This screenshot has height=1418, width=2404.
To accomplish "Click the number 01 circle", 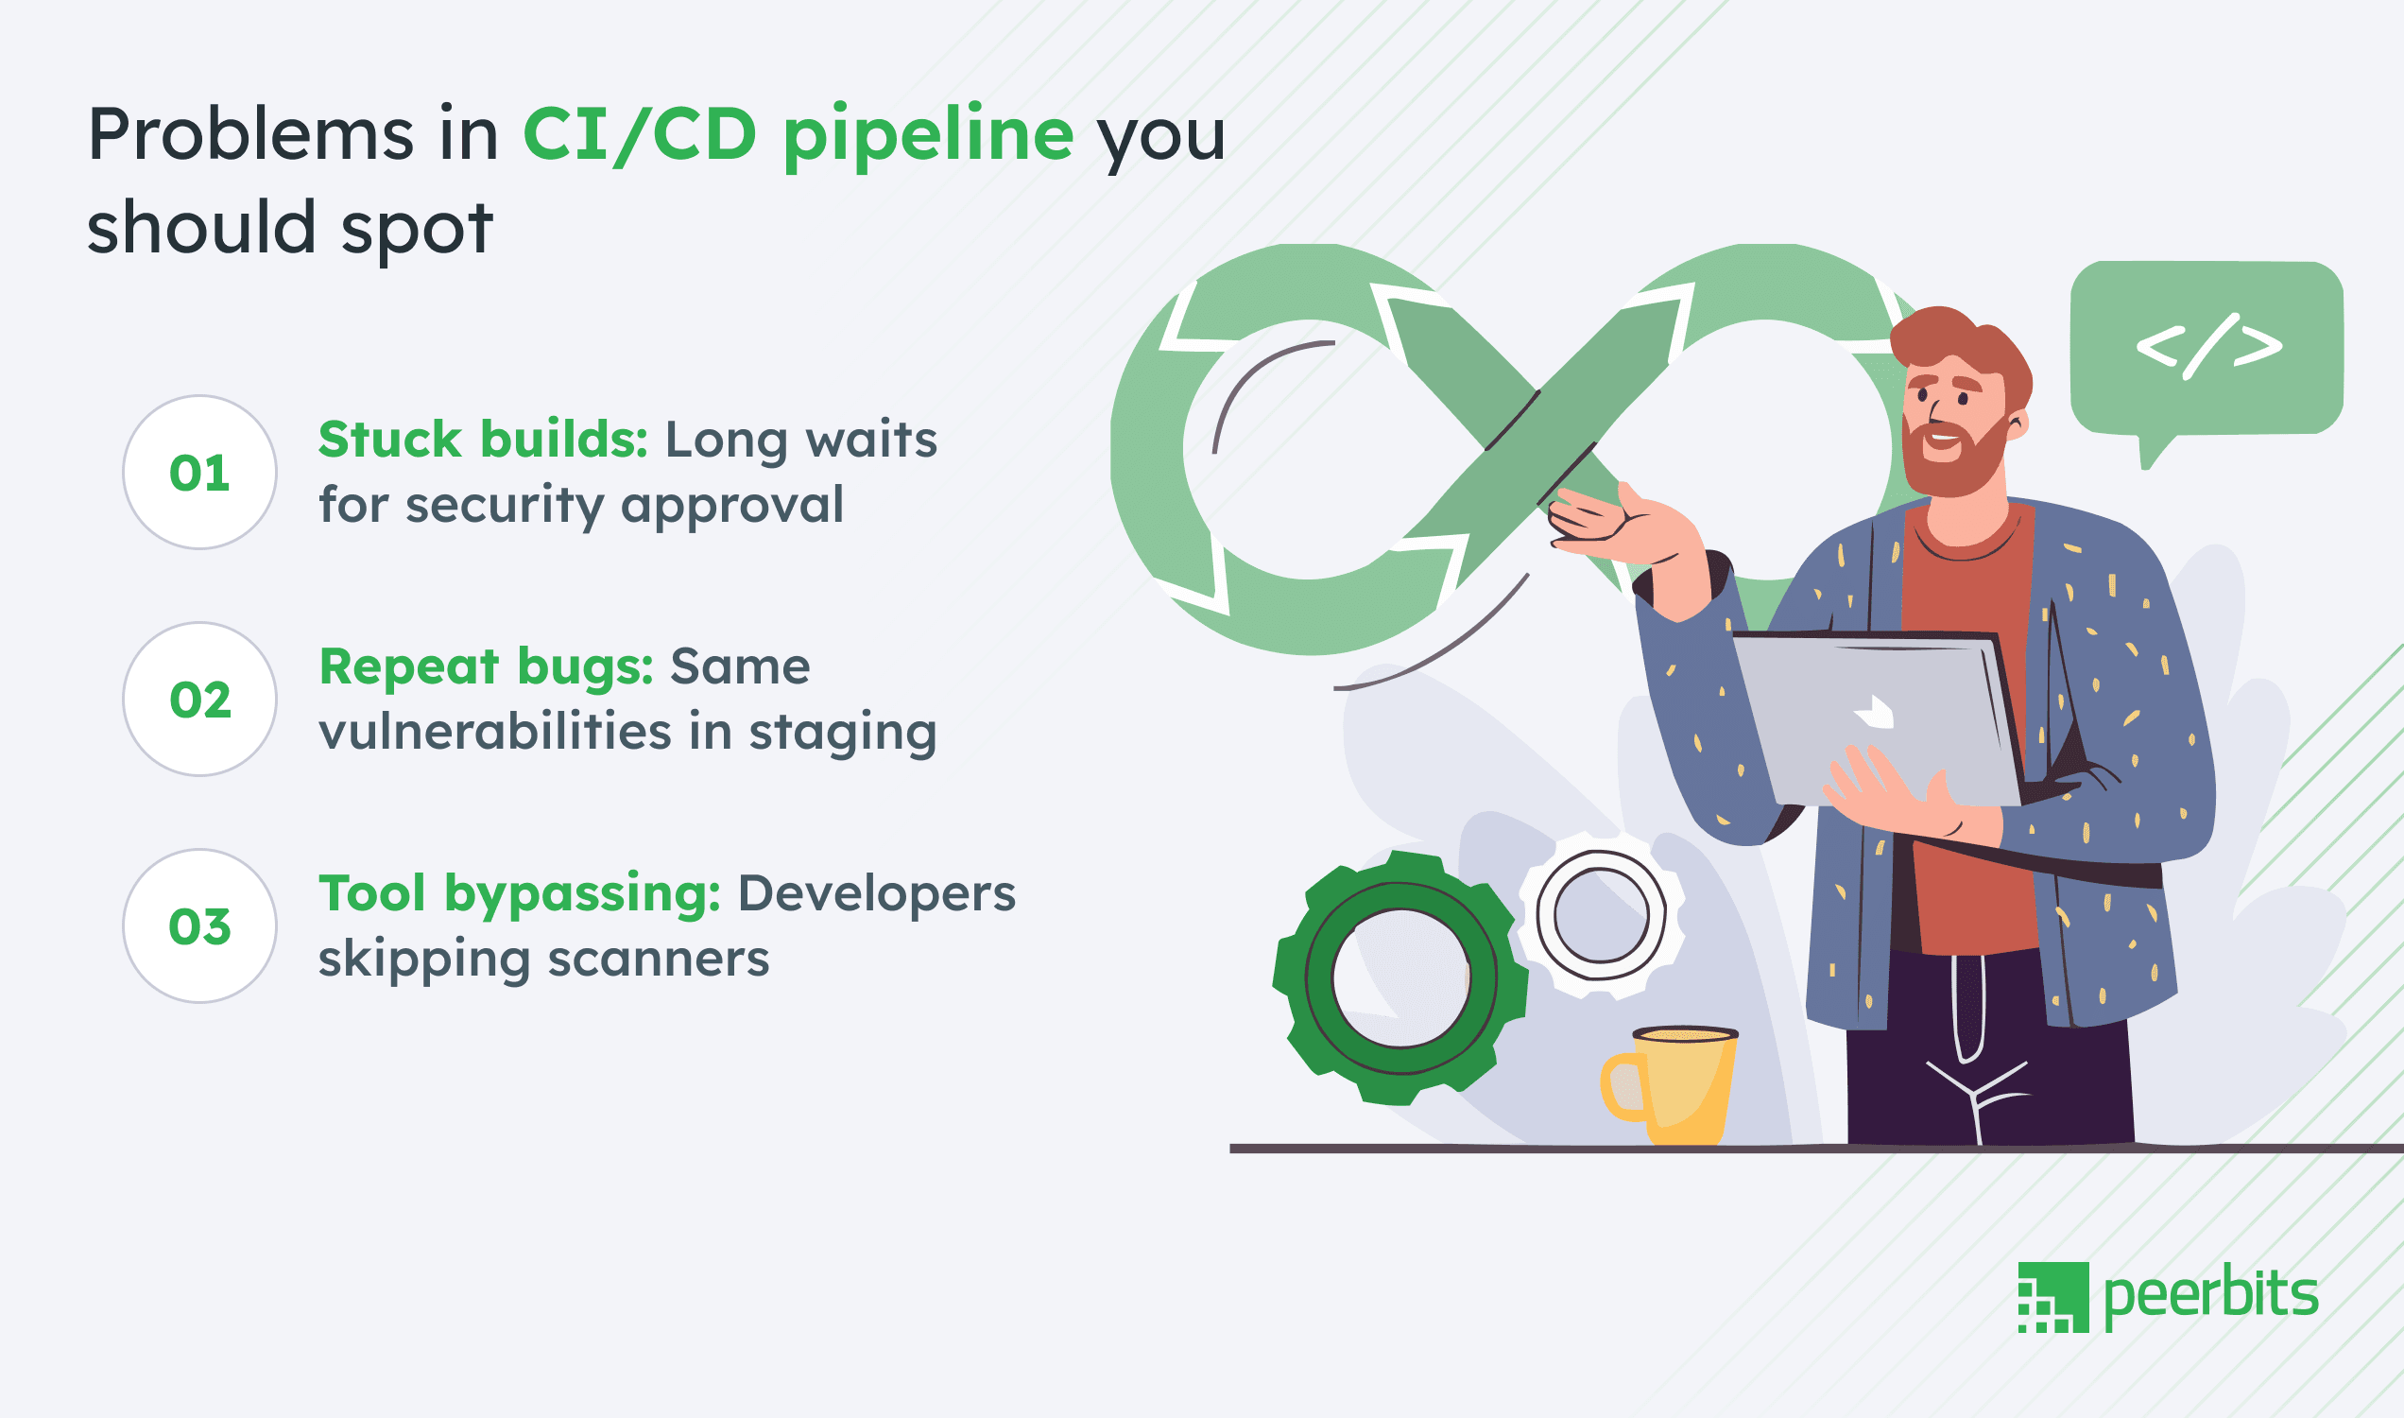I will [x=199, y=472].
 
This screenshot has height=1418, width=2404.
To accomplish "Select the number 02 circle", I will [x=199, y=700].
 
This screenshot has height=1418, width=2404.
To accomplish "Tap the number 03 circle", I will [x=199, y=925].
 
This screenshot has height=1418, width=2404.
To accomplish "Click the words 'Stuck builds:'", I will [x=482, y=440].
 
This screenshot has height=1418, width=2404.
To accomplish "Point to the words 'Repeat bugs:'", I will [x=485, y=666].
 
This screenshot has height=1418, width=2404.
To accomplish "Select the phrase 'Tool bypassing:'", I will [x=519, y=893].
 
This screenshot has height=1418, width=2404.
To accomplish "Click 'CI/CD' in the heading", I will [x=639, y=134].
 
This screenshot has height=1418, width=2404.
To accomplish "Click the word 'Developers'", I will [x=876, y=893].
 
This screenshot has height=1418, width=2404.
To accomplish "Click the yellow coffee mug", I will [x=1674, y=1085].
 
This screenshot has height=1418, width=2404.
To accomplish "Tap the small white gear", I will [x=1601, y=914].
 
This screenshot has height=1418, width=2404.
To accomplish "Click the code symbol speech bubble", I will [x=2207, y=348].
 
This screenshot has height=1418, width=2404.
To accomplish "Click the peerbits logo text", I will [x=2210, y=1296].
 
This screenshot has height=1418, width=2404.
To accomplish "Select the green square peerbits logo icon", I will [x=2052, y=1297].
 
